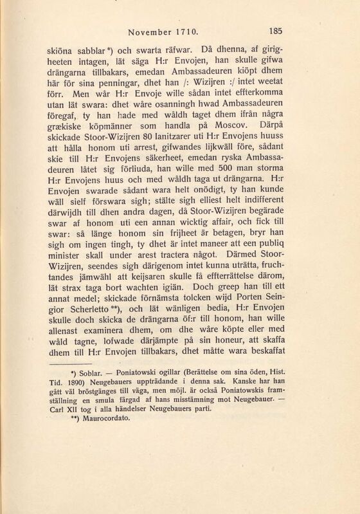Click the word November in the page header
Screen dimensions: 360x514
(x=154, y=30)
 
